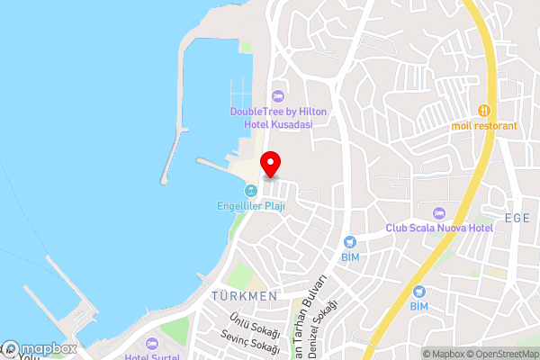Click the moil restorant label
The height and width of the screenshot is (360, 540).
pyautogui.click(x=484, y=125)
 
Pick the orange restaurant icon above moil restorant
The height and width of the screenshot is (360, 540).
pyautogui.click(x=484, y=110)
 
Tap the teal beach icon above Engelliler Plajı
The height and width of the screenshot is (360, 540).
pyautogui.click(x=251, y=191)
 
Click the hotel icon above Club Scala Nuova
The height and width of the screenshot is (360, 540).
pyautogui.click(x=439, y=213)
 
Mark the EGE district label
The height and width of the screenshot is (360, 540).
pyautogui.click(x=517, y=217)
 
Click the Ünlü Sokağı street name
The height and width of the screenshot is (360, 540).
pyautogui.click(x=252, y=326)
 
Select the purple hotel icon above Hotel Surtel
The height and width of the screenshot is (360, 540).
pyautogui.click(x=151, y=343)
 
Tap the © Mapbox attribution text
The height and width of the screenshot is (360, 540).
pyautogui.click(x=441, y=354)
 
